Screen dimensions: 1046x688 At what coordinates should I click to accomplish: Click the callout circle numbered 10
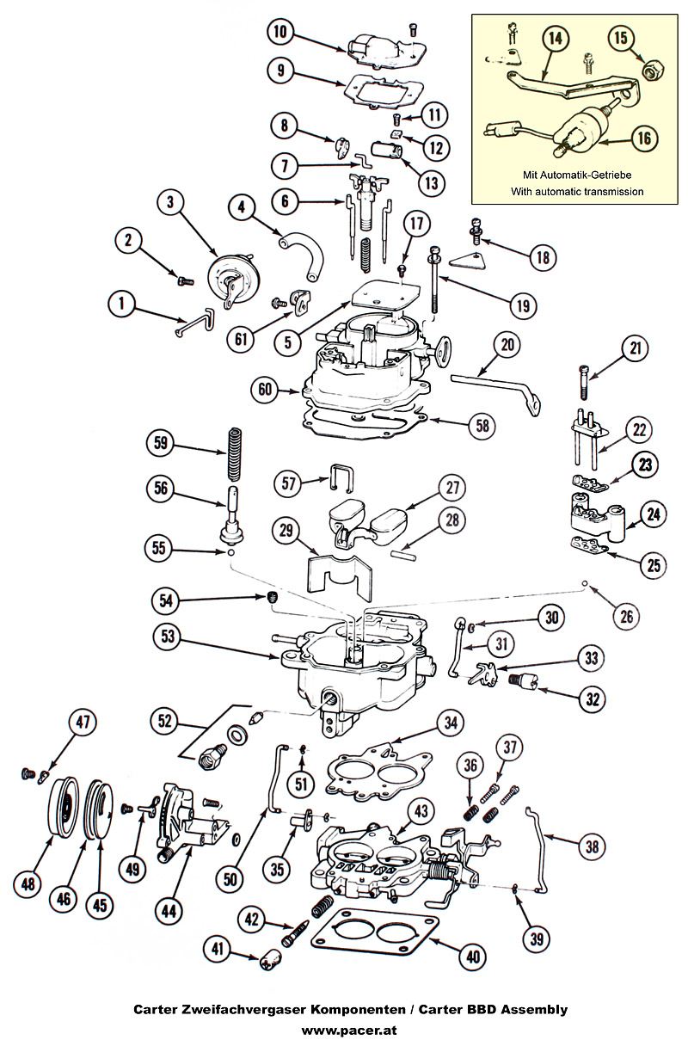(280, 33)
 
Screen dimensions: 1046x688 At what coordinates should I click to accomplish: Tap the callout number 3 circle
(171, 203)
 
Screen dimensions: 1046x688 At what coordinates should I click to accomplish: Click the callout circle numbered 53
(169, 637)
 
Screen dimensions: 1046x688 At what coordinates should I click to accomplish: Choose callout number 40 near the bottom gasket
(472, 956)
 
